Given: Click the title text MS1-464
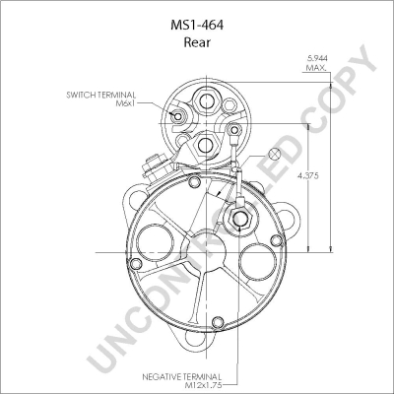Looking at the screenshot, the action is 197,26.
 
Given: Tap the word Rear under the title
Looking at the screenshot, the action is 197,42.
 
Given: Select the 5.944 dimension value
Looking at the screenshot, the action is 317,58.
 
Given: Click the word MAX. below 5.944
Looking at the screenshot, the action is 316,68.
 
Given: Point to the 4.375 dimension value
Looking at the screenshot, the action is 308,176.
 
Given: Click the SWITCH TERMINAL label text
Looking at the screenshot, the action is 100,96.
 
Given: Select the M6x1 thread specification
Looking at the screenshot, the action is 126,103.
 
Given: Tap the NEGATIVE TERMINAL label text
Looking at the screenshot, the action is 181,376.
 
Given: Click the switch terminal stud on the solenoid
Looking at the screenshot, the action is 177,116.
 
